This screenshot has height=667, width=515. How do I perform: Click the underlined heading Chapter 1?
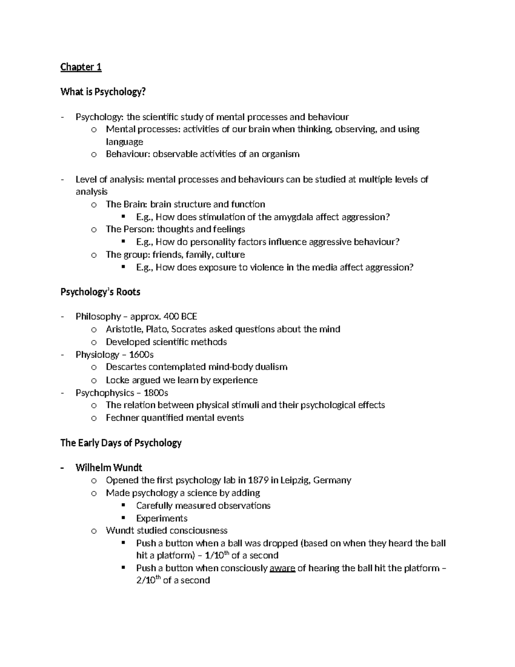pos(81,67)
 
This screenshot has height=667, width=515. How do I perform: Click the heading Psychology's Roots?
pos(100,292)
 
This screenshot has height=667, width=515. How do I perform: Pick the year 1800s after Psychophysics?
pos(156,393)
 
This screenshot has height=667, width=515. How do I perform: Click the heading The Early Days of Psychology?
pos(121,443)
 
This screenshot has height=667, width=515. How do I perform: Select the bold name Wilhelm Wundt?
pos(109,468)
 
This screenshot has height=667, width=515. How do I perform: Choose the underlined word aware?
pos(282,568)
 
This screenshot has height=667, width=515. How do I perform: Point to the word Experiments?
pos(162,518)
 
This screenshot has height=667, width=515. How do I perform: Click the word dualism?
pos(271,367)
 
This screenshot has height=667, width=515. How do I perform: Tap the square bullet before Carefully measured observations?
pos(124,505)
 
